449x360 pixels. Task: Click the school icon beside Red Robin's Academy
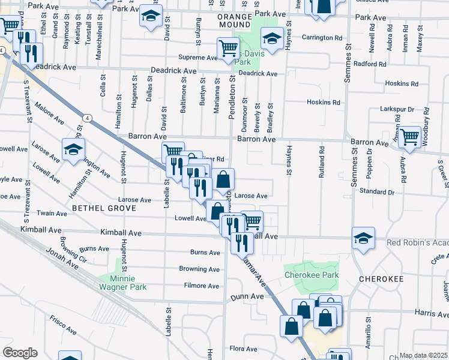[x=364, y=239]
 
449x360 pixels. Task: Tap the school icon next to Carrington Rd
[x=272, y=40]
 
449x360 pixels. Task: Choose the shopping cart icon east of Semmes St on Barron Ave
[x=410, y=136]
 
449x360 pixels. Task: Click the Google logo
[x=19, y=353]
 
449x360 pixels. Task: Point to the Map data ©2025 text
[x=424, y=355]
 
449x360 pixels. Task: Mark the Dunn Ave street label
[x=247, y=296]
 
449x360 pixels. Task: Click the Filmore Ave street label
[x=202, y=286]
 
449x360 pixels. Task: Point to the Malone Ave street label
[x=50, y=112]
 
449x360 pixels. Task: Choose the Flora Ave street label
[x=243, y=348]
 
